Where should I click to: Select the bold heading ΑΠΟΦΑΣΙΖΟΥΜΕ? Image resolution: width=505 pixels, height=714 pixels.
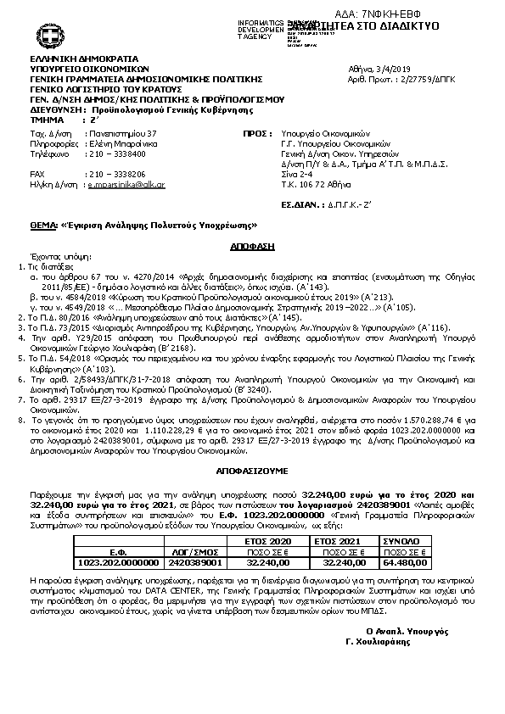pos(252,468)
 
